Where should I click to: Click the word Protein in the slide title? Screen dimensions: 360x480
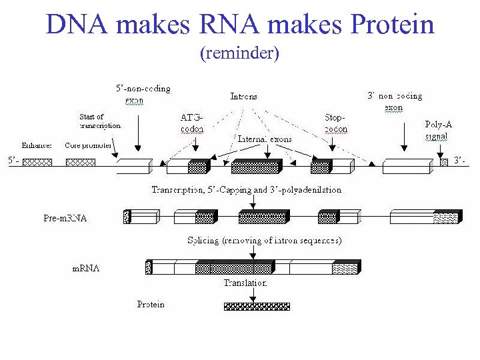tap(393, 25)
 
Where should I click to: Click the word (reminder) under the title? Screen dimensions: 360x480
tap(239, 53)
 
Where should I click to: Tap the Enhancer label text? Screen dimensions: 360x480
tap(37, 145)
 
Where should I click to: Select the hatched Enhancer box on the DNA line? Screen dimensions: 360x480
tap(37, 161)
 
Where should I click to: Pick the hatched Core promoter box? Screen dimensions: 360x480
tap(80, 161)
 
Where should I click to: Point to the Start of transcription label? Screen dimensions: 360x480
tap(100, 121)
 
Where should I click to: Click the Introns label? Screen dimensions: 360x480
tap(243, 97)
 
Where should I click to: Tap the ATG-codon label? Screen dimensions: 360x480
tap(192, 123)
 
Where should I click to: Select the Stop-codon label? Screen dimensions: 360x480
tap(335, 123)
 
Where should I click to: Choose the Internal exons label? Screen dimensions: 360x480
tap(265, 139)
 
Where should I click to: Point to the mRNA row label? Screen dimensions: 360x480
tap(86, 268)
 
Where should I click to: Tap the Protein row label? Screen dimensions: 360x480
tap(151, 304)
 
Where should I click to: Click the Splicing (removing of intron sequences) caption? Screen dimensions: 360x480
tap(264, 240)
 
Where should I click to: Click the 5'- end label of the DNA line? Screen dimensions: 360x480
tap(13, 161)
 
